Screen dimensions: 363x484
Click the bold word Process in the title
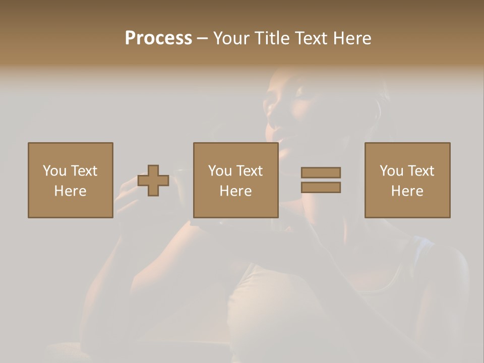[158, 38]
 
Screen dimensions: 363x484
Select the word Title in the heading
[273, 38]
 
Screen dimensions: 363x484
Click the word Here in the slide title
[353, 38]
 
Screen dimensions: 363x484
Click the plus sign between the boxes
[154, 180]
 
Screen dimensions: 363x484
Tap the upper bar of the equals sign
[321, 172]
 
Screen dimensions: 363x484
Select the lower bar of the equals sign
[321, 188]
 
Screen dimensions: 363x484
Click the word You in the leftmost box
[54, 171]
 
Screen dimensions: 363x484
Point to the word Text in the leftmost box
[84, 171]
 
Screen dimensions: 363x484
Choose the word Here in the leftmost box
[70, 191]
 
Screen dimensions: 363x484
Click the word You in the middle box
[220, 171]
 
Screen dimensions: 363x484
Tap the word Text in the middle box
[249, 171]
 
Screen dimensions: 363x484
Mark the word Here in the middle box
[235, 191]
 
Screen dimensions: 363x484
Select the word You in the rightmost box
[391, 171]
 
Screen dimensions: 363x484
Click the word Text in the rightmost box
[420, 171]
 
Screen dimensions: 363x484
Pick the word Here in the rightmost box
[407, 191]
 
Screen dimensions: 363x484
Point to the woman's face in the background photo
[292, 108]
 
